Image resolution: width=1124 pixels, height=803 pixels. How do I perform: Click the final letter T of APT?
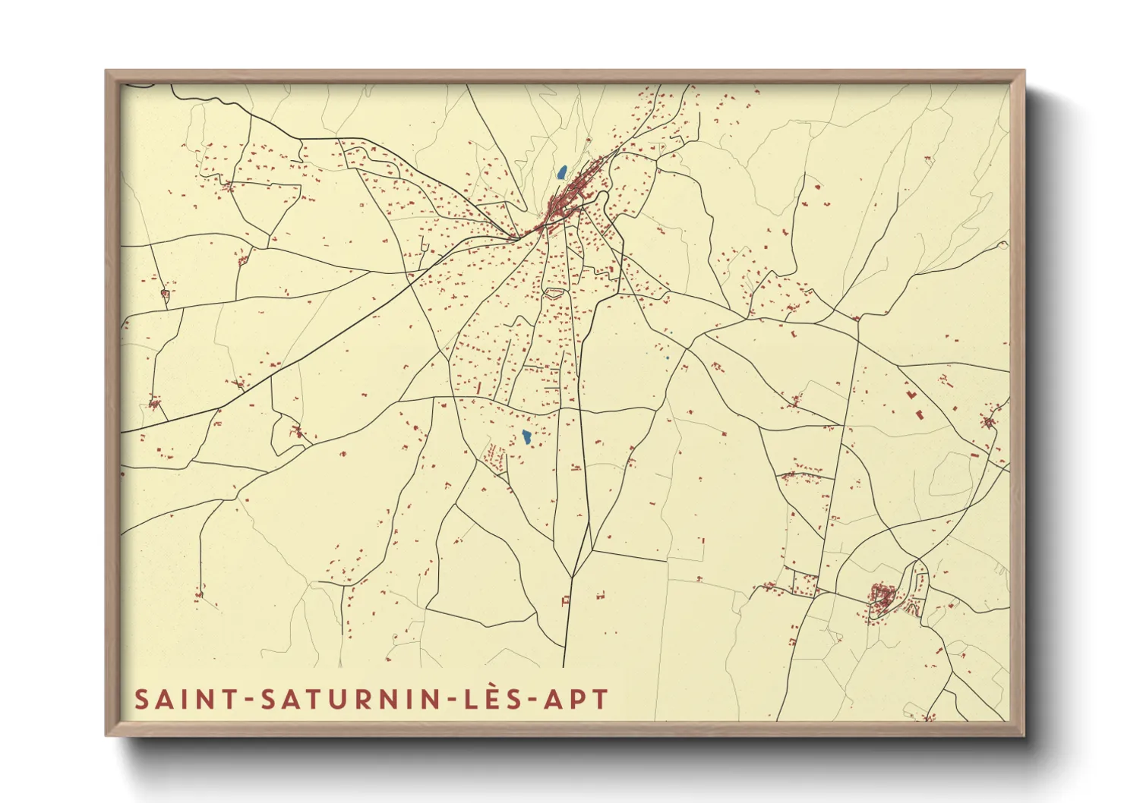coord(601,699)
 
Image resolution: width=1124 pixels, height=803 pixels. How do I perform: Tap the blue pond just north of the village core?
coord(561,173)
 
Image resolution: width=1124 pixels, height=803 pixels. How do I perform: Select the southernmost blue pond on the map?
coord(526,437)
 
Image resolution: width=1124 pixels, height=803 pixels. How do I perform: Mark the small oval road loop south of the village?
coord(554,291)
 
